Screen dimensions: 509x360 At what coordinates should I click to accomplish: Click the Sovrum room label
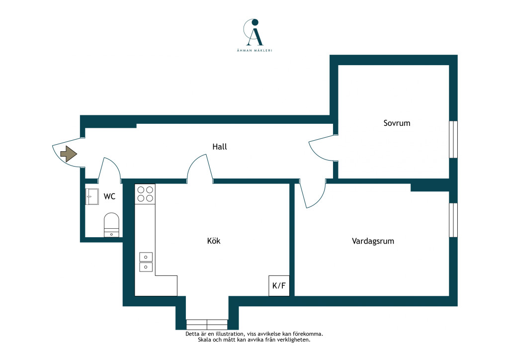click(397, 123)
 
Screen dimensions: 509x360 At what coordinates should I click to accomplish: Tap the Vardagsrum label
click(373, 241)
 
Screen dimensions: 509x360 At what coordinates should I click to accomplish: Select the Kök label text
click(214, 241)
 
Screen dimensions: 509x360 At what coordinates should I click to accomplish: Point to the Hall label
click(219, 147)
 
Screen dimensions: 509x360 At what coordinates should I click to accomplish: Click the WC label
click(109, 196)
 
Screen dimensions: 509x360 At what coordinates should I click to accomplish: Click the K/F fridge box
click(279, 285)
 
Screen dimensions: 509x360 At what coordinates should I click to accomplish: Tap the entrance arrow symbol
click(69, 154)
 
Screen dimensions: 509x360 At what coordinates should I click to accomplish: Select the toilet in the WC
click(111, 225)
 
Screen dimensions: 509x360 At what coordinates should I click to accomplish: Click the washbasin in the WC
click(92, 196)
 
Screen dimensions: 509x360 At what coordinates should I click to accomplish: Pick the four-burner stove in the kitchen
click(145, 194)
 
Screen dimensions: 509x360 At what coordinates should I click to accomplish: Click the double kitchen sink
click(146, 262)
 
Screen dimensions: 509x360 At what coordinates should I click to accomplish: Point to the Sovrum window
click(453, 139)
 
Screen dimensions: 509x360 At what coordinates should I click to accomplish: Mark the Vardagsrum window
click(453, 220)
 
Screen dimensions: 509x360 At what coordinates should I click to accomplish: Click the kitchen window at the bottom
click(207, 325)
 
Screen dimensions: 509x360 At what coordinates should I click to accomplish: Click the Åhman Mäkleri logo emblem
click(254, 32)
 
